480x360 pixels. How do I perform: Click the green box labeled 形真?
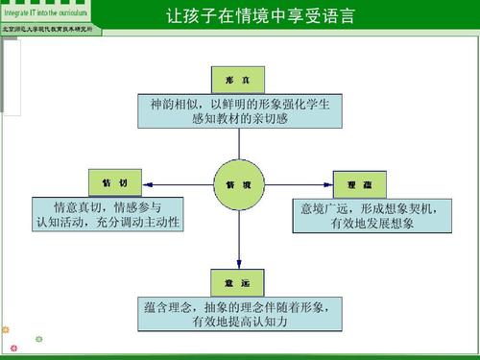(238, 79)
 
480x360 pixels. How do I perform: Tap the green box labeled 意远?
(238, 284)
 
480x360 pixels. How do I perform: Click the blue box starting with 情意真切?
(108, 215)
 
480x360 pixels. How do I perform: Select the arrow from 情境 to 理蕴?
(298, 182)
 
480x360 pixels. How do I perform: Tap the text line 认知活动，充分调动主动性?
(108, 224)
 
